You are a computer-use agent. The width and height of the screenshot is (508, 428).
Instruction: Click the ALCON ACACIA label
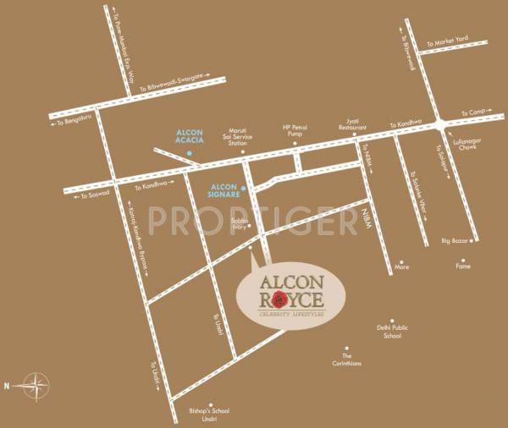click(189, 137)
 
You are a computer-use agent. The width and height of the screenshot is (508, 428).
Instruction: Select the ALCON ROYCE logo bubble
click(290, 294)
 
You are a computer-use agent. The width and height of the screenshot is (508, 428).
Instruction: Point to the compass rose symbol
click(36, 385)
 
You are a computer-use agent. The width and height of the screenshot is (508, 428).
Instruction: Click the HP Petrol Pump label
click(297, 132)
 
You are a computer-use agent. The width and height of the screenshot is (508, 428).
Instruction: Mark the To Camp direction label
click(470, 112)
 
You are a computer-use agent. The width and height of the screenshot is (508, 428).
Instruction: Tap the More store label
click(402, 267)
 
